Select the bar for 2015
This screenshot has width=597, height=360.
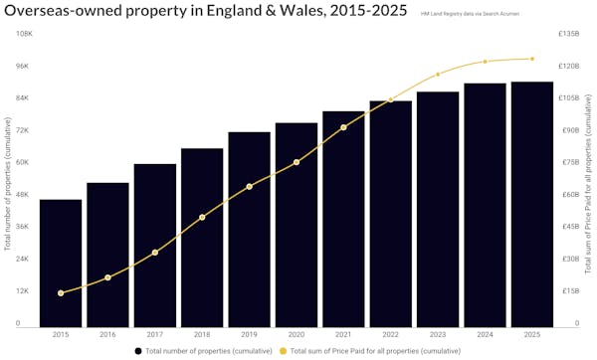(61, 263)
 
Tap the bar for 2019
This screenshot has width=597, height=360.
(249, 229)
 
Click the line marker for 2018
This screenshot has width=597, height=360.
(202, 217)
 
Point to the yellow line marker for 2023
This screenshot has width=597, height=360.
(438, 75)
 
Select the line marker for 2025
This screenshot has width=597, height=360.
(532, 59)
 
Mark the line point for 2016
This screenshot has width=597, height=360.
(107, 277)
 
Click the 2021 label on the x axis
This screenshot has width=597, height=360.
(343, 335)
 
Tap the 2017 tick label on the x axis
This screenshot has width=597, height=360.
(155, 335)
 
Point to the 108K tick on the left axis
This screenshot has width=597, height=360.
(21, 34)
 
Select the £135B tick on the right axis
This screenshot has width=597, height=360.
(571, 34)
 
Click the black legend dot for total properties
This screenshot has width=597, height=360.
(137, 351)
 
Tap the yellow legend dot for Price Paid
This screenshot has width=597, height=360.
(283, 351)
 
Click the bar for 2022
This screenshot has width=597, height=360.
(391, 213)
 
